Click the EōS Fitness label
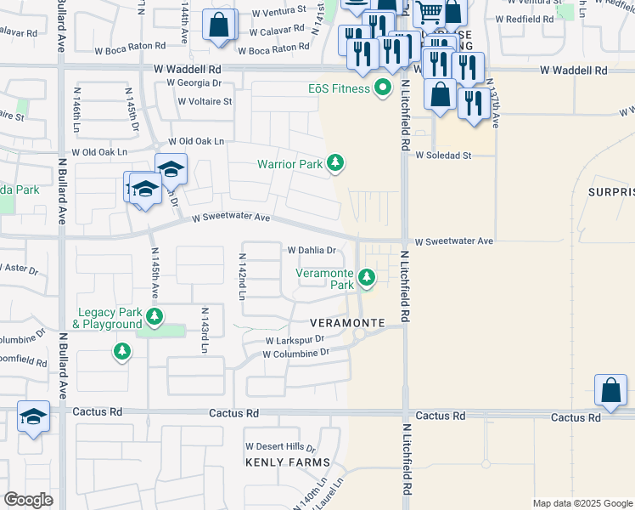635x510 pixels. (339, 88)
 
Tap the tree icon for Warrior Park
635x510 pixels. (336, 162)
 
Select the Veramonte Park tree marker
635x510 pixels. (367, 276)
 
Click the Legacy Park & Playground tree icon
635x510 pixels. (154, 318)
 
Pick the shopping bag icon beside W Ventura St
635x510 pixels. (220, 25)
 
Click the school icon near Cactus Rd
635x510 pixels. (33, 416)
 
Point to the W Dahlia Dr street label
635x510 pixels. (312, 251)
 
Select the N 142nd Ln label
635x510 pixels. (242, 277)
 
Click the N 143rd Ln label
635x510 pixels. (204, 330)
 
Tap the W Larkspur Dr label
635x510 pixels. (295, 339)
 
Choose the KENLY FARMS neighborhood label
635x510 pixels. (287, 462)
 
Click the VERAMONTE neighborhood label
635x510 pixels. (347, 323)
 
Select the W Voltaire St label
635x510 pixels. (205, 101)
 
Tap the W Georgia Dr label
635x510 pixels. (194, 83)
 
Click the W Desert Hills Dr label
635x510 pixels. (280, 446)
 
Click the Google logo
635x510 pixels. (28, 500)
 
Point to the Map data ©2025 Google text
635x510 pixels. (582, 503)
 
